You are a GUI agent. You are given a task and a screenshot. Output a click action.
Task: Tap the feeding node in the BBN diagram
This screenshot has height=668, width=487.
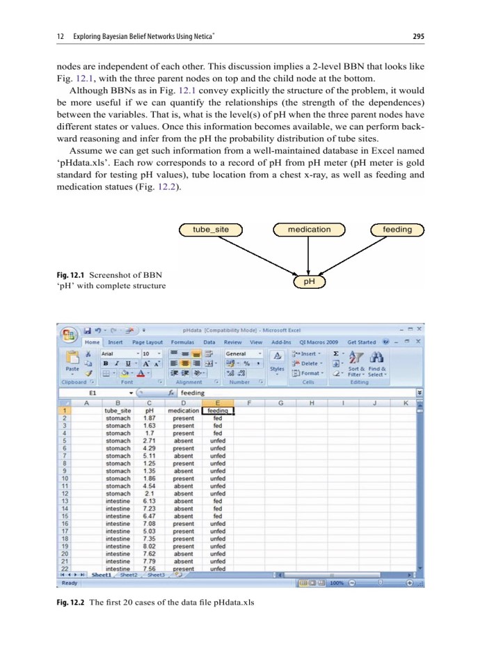point(397,229)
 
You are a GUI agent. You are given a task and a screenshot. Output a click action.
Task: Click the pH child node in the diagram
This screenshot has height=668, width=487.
point(310,281)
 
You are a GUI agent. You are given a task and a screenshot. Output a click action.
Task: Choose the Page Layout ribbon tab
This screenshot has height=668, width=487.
point(147,342)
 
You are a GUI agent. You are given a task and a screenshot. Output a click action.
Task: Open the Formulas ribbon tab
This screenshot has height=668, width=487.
point(182,342)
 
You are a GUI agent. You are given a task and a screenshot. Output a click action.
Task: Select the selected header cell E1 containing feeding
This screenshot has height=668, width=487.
point(218,411)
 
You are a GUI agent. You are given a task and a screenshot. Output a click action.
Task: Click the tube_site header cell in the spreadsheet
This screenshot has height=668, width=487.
point(117,411)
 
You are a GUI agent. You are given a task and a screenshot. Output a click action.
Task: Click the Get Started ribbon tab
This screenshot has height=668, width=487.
point(361,342)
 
